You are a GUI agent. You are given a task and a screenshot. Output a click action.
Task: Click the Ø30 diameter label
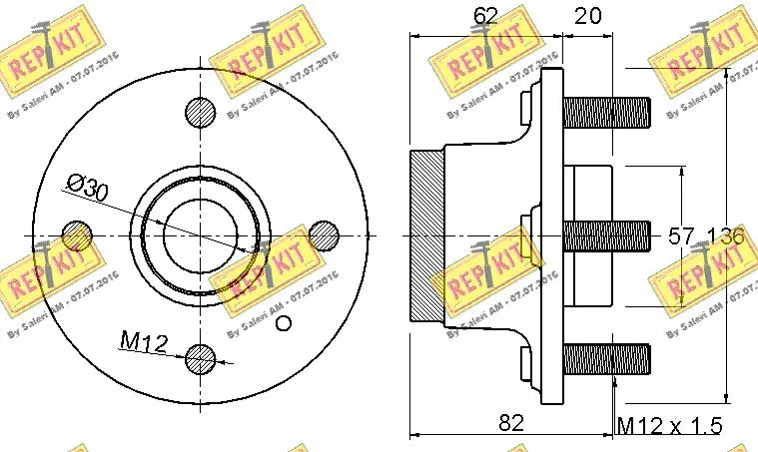click(x=87, y=187)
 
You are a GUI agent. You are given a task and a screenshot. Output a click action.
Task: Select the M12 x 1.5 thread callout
click(x=668, y=426)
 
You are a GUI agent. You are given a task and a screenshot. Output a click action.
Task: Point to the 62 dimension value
click(x=485, y=15)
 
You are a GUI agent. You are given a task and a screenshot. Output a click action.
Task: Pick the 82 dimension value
click(x=510, y=423)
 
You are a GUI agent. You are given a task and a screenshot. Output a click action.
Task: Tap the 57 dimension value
click(x=680, y=236)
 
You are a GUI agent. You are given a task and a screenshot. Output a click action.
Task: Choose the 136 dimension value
click(x=725, y=236)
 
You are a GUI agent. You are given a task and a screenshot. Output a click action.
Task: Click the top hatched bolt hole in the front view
click(x=201, y=112)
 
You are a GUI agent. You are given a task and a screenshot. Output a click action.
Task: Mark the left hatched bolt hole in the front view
click(x=77, y=235)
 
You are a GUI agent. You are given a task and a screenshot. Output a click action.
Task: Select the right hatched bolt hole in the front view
click(x=324, y=235)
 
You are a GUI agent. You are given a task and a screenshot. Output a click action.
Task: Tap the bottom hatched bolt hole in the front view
click(x=201, y=357)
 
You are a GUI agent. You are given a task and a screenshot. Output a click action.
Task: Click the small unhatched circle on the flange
click(x=283, y=321)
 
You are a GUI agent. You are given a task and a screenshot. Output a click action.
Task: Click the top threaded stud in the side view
click(x=606, y=112)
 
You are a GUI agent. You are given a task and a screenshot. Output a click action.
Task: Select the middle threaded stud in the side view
click(x=606, y=235)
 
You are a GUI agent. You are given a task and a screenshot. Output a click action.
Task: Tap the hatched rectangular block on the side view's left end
click(x=426, y=235)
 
